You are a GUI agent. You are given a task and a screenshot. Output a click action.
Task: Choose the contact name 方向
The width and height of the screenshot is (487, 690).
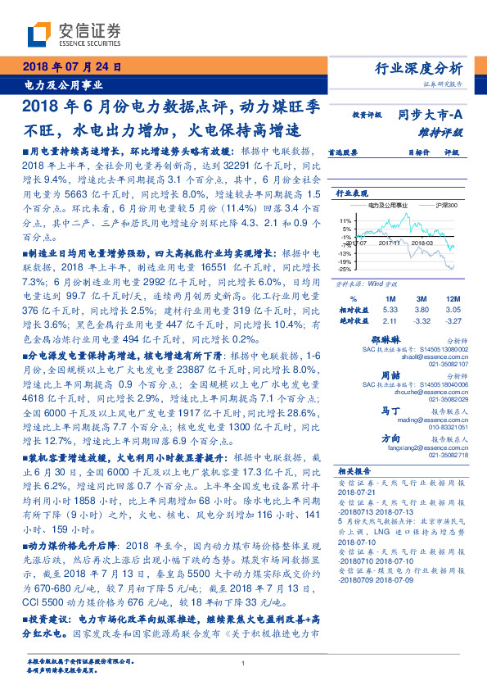click(x=390, y=438)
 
